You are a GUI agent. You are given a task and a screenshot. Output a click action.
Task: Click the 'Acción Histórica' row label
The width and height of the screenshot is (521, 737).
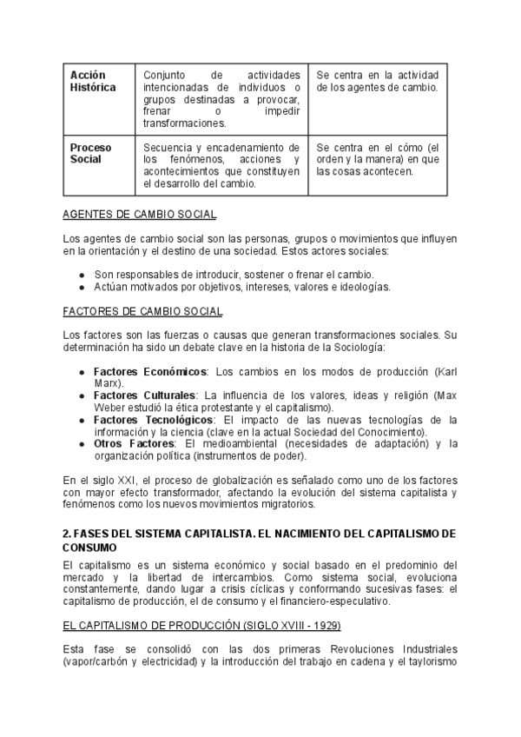coord(92,82)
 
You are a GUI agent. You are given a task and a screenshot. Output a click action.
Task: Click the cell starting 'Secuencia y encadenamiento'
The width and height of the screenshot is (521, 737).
coord(221,165)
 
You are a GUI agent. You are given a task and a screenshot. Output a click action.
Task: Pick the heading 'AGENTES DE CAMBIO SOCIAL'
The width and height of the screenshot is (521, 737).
coord(140,214)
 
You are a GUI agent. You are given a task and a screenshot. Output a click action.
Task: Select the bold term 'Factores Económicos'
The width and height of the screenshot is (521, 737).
coord(149,371)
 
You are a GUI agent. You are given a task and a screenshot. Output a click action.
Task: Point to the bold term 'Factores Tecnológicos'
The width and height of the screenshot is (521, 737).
coord(153,420)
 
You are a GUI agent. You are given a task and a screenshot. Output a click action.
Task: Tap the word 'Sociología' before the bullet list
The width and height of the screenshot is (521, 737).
coord(358,348)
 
